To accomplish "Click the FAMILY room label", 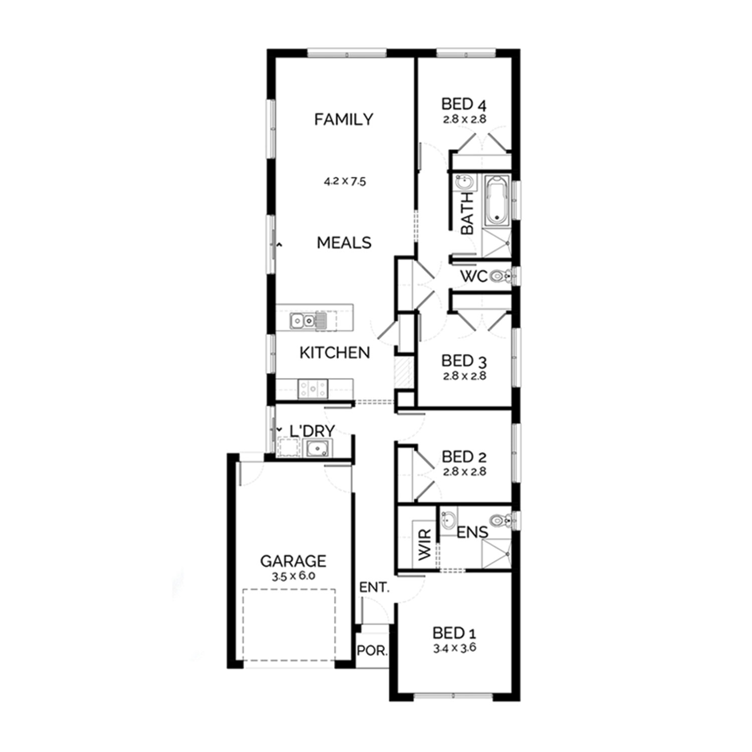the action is click(343, 119).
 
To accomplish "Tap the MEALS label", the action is click(344, 243).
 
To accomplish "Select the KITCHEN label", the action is click(334, 353).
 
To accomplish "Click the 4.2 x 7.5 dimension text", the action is click(344, 181).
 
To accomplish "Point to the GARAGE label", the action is click(293, 561).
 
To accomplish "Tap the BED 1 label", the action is click(455, 633).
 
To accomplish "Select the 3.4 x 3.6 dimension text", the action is click(455, 648).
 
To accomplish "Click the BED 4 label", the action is click(464, 104).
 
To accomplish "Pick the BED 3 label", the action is click(464, 361).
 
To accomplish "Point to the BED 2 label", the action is click(464, 457).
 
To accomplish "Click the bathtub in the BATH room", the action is click(497, 200).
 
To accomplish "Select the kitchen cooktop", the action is click(313, 388).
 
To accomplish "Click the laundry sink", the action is click(317, 448).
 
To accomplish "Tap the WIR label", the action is click(425, 544).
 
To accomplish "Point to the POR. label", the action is click(372, 651).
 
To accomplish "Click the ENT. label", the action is click(374, 588).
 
